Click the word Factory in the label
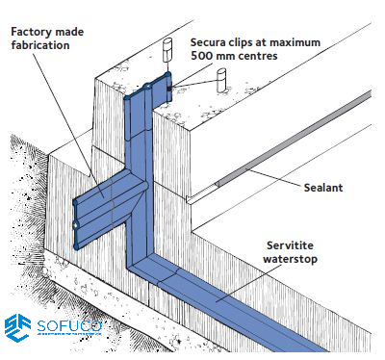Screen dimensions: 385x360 coord(30,32)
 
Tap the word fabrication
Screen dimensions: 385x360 coord(40,45)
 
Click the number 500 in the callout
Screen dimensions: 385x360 coord(201,56)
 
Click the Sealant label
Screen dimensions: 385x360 coord(323,188)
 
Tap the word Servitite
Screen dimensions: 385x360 coord(290,245)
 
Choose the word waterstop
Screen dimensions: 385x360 coord(290,259)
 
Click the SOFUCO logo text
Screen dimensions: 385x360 coord(69,326)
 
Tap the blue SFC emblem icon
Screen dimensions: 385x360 coord(17,327)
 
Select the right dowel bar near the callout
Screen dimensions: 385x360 coord(221,81)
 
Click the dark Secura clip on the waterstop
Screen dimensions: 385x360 coord(168,88)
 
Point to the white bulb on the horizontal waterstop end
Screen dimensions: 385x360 coord(75,226)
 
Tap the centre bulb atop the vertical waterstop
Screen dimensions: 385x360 coord(147,87)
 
